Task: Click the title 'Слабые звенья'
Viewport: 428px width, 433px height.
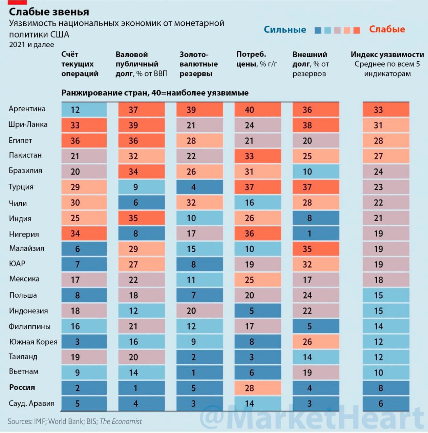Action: coord(49,12)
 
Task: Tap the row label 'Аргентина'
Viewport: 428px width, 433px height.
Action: coord(27,109)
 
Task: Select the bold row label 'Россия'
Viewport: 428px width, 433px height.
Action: coord(22,387)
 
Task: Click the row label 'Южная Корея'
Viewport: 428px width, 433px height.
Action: coord(33,342)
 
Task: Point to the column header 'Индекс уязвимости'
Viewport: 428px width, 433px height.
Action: coord(387,54)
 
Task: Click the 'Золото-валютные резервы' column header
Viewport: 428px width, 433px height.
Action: coord(198,64)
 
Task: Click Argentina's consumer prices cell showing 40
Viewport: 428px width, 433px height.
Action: coord(258,110)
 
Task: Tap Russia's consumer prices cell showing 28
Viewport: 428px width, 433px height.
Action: coord(258,388)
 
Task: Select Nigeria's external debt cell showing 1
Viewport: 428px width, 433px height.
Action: coord(316,233)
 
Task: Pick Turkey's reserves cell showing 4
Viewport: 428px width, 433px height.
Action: coord(199,187)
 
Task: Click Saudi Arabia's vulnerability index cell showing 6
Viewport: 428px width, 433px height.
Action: coord(386,403)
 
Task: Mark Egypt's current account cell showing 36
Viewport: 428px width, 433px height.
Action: coord(84,141)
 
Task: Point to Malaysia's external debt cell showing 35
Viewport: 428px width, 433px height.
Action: coord(316,249)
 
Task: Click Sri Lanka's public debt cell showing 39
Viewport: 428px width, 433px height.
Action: coord(142,125)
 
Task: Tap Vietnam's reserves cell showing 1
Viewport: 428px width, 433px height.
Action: coord(199,372)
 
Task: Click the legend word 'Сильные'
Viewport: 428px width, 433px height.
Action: coord(285,29)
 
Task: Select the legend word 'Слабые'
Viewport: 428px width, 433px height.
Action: coord(387,29)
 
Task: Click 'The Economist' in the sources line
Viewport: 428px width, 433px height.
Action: coord(121,421)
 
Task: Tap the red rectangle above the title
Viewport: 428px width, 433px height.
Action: coord(17,2)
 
